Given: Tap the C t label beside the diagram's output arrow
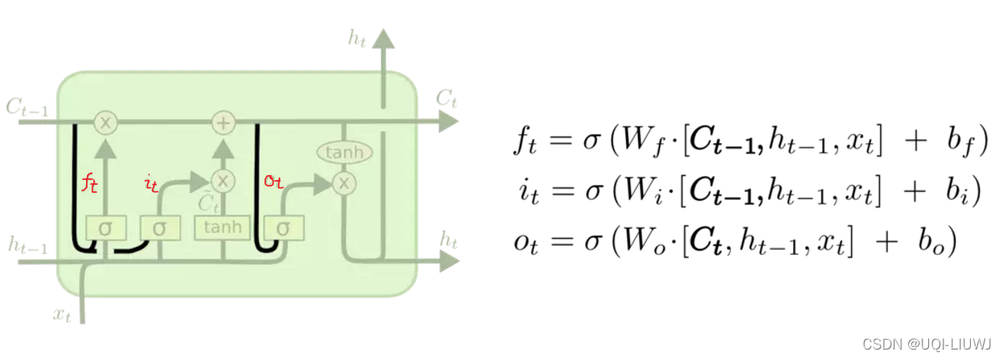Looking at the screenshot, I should tap(447, 99).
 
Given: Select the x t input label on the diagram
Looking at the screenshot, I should tap(63, 315).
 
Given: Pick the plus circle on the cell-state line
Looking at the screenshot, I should tap(223, 123).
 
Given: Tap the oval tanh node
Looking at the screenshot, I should tap(345, 152).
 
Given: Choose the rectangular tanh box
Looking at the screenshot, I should tap(223, 227).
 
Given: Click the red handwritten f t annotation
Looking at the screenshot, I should tap(90, 183).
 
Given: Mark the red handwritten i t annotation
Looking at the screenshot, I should tap(151, 184).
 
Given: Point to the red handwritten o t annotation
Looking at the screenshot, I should tap(273, 182).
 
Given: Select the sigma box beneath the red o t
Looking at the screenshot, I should tap(283, 228).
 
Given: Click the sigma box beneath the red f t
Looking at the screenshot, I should tap(105, 228).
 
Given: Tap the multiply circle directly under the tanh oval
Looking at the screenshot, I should tap(344, 183).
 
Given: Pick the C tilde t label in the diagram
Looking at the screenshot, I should tap(208, 203).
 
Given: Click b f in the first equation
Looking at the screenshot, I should tap(960, 141).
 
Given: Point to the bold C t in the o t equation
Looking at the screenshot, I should tap(702, 242).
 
